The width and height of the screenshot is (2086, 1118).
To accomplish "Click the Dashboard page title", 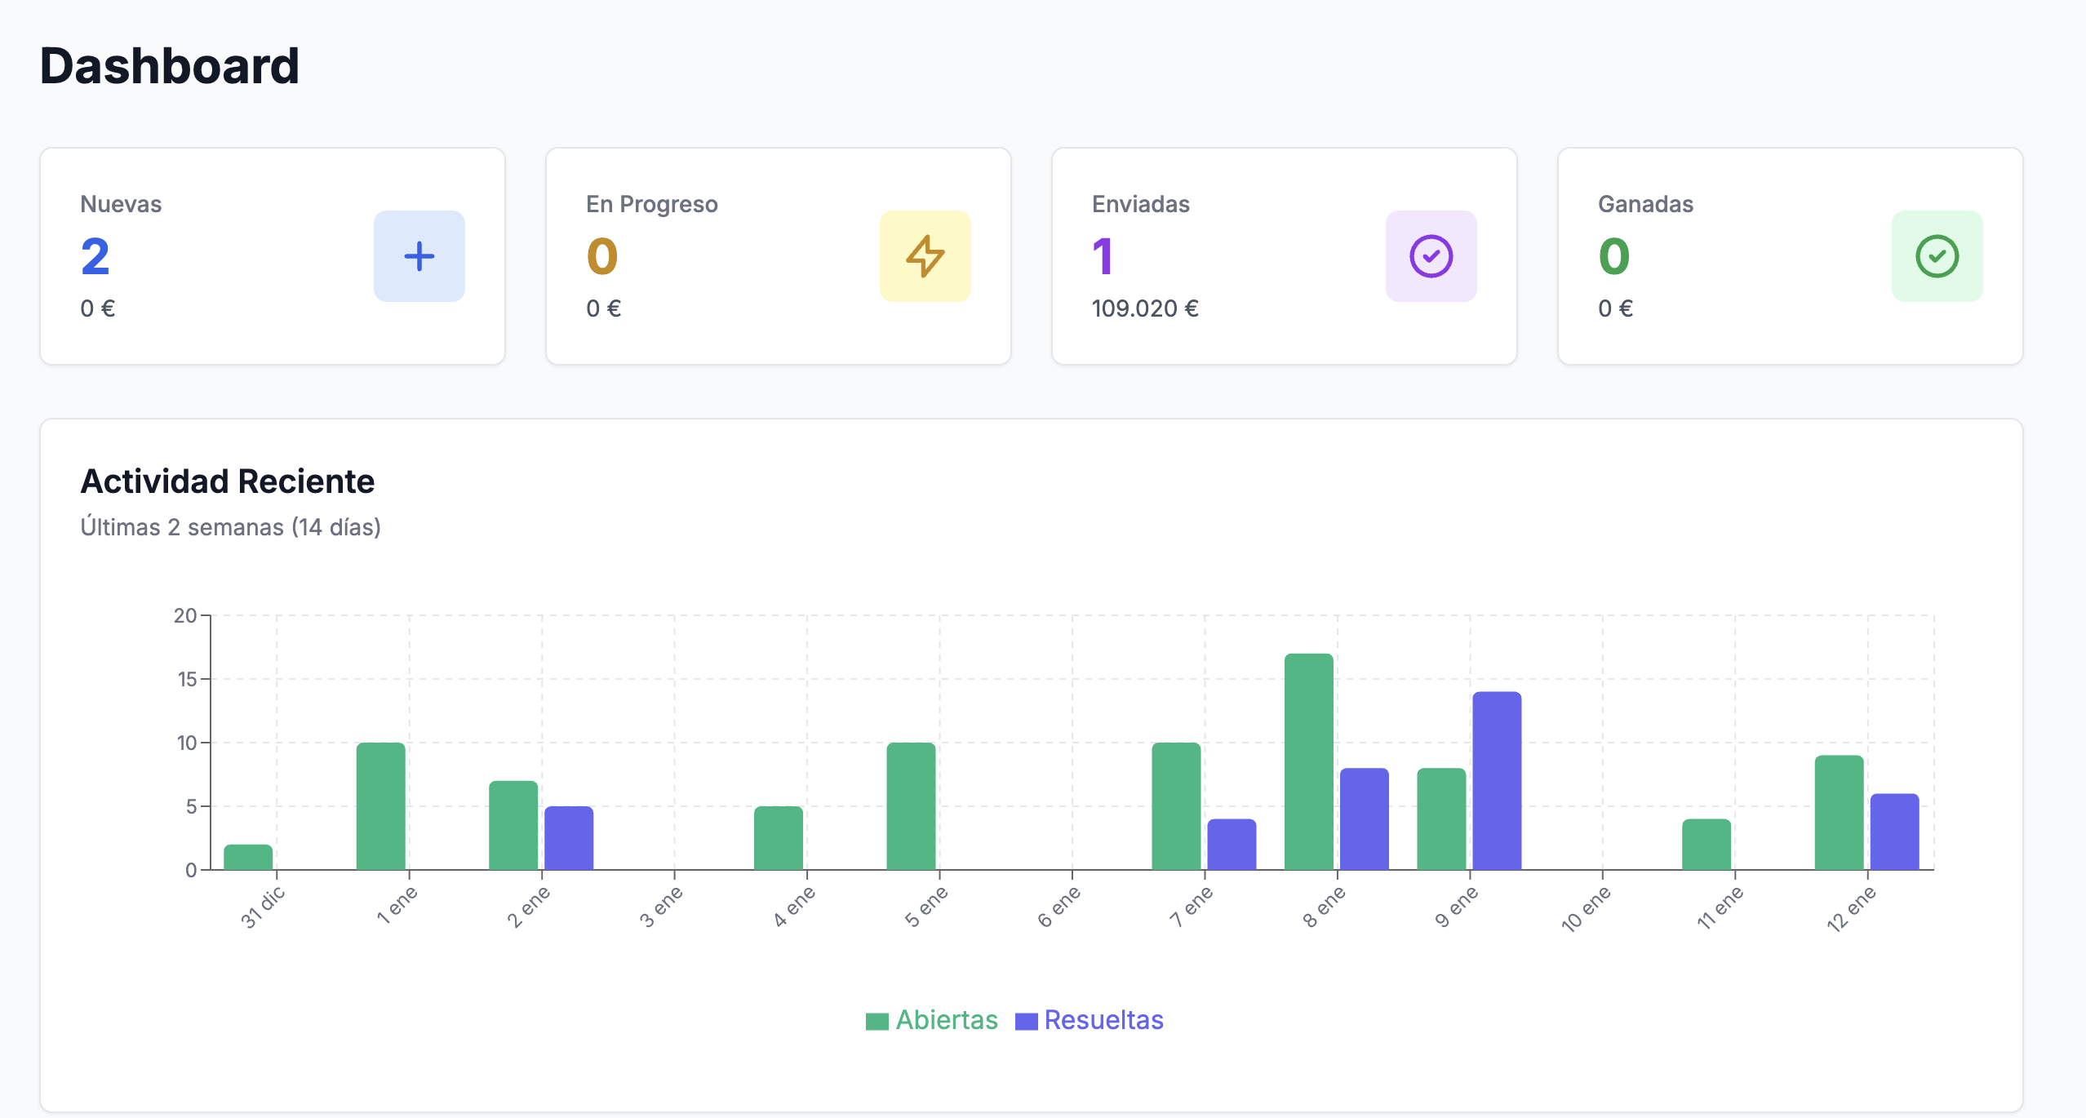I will [170, 66].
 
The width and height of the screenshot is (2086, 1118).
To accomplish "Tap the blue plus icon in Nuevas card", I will [419, 256].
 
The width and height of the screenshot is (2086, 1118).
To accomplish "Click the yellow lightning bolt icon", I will [925, 256].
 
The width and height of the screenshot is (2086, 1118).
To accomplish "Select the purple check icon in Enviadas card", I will [1431, 256].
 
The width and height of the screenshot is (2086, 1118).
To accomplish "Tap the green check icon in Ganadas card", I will [1937, 256].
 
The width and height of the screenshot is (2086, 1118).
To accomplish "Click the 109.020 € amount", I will [1145, 308].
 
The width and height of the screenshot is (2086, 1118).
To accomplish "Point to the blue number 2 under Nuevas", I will [95, 256].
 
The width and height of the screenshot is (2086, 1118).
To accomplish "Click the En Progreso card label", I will [651, 204].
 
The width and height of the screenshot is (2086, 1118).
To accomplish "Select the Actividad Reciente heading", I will [227, 481].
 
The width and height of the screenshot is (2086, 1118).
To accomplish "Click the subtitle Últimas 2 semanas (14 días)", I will [230, 527].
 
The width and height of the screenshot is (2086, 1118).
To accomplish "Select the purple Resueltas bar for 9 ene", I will [1496, 781].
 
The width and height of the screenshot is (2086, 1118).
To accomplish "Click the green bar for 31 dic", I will [248, 857].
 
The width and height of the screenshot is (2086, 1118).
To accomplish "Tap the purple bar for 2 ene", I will [568, 838].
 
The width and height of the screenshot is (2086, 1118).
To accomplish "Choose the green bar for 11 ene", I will [1706, 845].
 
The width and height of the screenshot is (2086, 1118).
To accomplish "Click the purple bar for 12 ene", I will [1893, 832].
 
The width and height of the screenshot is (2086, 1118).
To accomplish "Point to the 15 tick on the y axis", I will [187, 679].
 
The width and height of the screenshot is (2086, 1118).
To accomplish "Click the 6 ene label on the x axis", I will [1059, 907].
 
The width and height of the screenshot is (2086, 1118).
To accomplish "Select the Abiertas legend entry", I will [932, 1020].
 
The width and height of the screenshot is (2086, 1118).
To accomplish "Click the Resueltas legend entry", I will [1090, 1020].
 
